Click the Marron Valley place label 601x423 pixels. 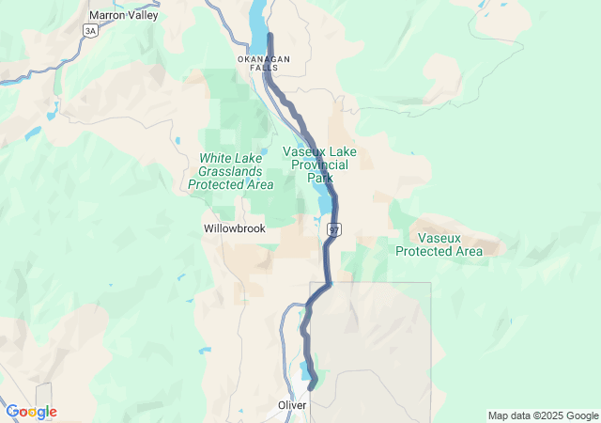point(123,15)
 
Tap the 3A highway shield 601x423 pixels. point(90,31)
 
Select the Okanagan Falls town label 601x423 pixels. point(263,64)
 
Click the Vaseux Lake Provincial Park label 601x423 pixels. point(319,164)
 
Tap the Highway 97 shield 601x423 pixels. point(334,229)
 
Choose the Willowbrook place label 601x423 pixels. point(235,228)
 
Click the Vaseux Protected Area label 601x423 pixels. point(439,244)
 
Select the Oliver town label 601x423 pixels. point(291,406)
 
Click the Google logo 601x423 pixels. point(31,412)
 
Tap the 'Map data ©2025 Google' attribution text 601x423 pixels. point(542,415)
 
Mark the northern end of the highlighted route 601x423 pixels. point(270,35)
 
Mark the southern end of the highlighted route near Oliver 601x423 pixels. point(311,384)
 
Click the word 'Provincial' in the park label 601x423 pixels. point(319,164)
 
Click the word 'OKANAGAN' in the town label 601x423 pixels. point(263,59)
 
